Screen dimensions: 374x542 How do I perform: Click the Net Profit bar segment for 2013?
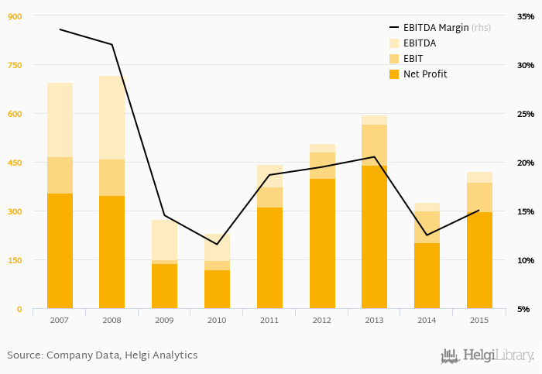click(374, 237)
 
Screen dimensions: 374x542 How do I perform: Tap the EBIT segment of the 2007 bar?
click(60, 176)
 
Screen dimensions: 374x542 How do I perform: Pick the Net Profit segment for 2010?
click(217, 289)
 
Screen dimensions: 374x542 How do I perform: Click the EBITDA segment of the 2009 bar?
click(164, 240)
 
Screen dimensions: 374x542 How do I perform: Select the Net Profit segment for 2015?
click(479, 260)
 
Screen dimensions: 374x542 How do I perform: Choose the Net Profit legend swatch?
click(393, 74)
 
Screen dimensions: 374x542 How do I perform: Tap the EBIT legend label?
click(413, 59)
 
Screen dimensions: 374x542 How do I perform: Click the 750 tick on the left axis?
click(15, 65)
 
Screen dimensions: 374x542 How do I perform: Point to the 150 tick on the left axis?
click(15, 260)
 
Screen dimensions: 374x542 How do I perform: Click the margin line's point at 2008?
click(112, 45)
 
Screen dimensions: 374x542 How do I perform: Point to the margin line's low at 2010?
click(217, 244)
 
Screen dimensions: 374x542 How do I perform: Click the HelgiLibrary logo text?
click(499, 356)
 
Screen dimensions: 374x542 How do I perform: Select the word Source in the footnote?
click(24, 355)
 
